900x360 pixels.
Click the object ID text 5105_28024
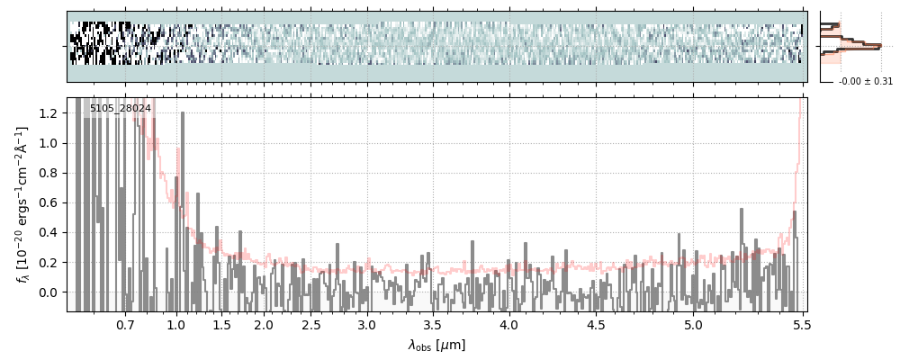pos(120,109)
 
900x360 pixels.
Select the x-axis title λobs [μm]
pos(436,346)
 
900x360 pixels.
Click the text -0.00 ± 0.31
pos(865,82)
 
